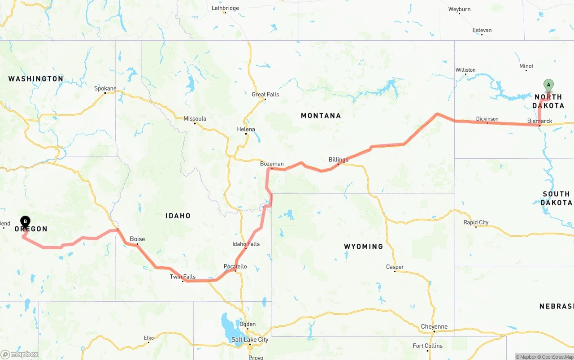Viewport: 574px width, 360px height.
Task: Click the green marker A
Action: pyautogui.click(x=548, y=85)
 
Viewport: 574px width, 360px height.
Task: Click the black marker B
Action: pyautogui.click(x=26, y=221)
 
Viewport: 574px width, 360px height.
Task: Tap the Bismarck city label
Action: pyautogui.click(x=539, y=121)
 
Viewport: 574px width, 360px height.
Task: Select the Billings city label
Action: pyautogui.click(x=338, y=160)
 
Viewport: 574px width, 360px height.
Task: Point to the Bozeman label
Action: pyautogui.click(x=272, y=164)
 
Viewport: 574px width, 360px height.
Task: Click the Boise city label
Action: pyautogui.click(x=137, y=239)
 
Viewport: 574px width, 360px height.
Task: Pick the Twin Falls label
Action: pyautogui.click(x=183, y=277)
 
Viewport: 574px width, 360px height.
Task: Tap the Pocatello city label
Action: pyautogui.click(x=235, y=266)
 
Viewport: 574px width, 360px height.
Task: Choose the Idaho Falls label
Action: pyautogui.click(x=246, y=244)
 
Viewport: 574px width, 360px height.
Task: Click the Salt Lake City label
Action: pyautogui.click(x=250, y=339)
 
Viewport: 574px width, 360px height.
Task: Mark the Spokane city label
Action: pyautogui.click(x=105, y=88)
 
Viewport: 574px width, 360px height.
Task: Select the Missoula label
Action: pyautogui.click(x=195, y=119)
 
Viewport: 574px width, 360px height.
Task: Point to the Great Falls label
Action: pyautogui.click(x=265, y=95)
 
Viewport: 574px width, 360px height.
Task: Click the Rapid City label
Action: pyautogui.click(x=476, y=222)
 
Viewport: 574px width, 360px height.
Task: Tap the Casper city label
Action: pyautogui.click(x=395, y=267)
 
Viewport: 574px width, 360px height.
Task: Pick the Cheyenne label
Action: pyautogui.click(x=434, y=326)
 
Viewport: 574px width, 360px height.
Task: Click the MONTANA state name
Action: pyautogui.click(x=321, y=116)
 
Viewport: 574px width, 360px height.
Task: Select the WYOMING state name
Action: pyautogui.click(x=363, y=247)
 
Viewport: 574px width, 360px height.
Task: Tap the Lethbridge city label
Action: pyautogui.click(x=225, y=8)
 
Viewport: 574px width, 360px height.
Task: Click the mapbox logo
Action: pyautogui.click(x=20, y=354)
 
